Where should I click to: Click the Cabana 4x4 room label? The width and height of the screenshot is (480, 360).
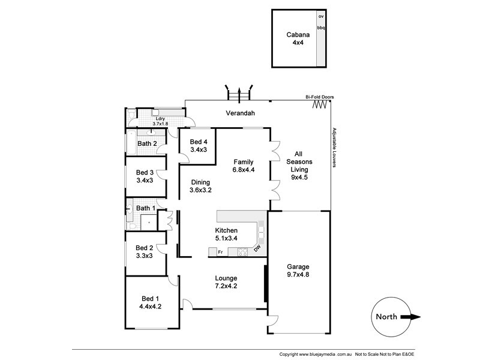pyautogui.click(x=295, y=39)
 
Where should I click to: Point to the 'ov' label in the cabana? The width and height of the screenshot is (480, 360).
pyautogui.click(x=321, y=16)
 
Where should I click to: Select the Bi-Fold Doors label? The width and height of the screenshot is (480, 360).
pyautogui.click(x=319, y=97)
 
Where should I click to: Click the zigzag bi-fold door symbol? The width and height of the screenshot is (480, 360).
pyautogui.click(x=320, y=105)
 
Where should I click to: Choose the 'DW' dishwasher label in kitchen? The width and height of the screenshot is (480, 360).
pyautogui.click(x=257, y=248)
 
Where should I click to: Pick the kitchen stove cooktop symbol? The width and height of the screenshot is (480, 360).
pyautogui.click(x=243, y=252)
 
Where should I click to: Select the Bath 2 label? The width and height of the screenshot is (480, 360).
pyautogui.click(x=147, y=143)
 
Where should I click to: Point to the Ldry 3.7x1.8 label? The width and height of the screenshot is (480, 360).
pyautogui.click(x=160, y=121)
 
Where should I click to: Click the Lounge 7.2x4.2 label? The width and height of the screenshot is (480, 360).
pyautogui.click(x=226, y=282)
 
